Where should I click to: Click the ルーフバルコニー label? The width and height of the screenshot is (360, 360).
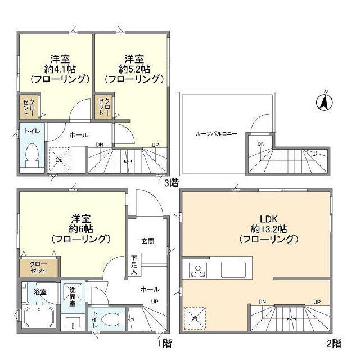217,134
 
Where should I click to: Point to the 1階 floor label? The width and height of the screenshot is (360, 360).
164,342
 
